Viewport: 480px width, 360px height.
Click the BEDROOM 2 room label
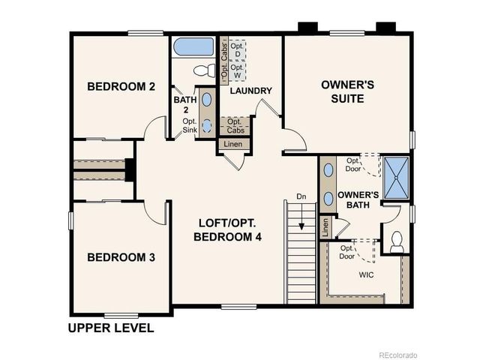pos(121,87)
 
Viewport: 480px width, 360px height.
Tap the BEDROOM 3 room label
pos(121,257)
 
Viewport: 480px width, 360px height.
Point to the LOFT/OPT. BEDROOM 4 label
pos(230,229)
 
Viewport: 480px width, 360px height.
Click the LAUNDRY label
pos(250,91)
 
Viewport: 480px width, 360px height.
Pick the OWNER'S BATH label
pos(356,200)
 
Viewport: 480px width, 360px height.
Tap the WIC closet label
pos(367,274)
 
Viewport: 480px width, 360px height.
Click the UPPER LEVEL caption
pos(111,328)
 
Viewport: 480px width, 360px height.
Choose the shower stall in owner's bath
pos(396,178)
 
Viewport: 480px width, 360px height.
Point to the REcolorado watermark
pos(397,355)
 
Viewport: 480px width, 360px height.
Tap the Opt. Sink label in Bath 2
pos(190,124)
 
